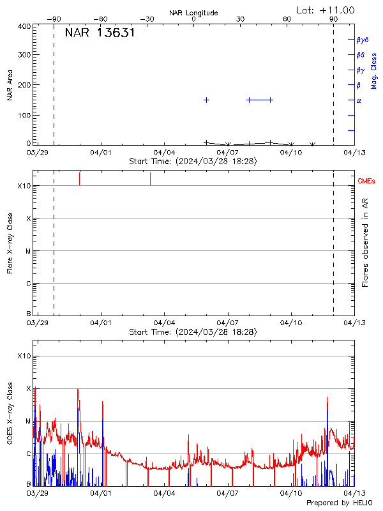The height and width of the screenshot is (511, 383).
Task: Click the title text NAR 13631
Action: [x=100, y=33]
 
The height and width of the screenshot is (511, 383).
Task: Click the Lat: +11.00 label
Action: [x=326, y=10]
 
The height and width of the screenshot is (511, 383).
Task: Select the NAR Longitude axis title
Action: [x=193, y=13]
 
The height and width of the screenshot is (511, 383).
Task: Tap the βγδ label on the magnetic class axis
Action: [x=363, y=40]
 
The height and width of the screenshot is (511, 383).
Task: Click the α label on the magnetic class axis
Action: [x=359, y=100]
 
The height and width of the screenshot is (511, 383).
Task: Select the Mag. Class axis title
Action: [x=374, y=71]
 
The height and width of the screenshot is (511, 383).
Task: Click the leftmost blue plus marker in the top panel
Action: [x=206, y=100]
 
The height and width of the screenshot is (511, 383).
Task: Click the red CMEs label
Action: [x=366, y=181]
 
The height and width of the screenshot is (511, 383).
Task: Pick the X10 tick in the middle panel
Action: [x=24, y=186]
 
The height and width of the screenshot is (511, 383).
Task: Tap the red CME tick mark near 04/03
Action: [x=150, y=179]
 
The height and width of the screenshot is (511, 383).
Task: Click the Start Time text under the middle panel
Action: [x=193, y=332]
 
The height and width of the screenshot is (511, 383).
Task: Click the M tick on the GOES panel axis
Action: [x=28, y=422]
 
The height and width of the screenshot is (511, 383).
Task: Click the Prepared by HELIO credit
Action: [x=331, y=503]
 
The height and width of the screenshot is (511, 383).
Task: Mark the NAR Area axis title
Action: [x=10, y=86]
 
